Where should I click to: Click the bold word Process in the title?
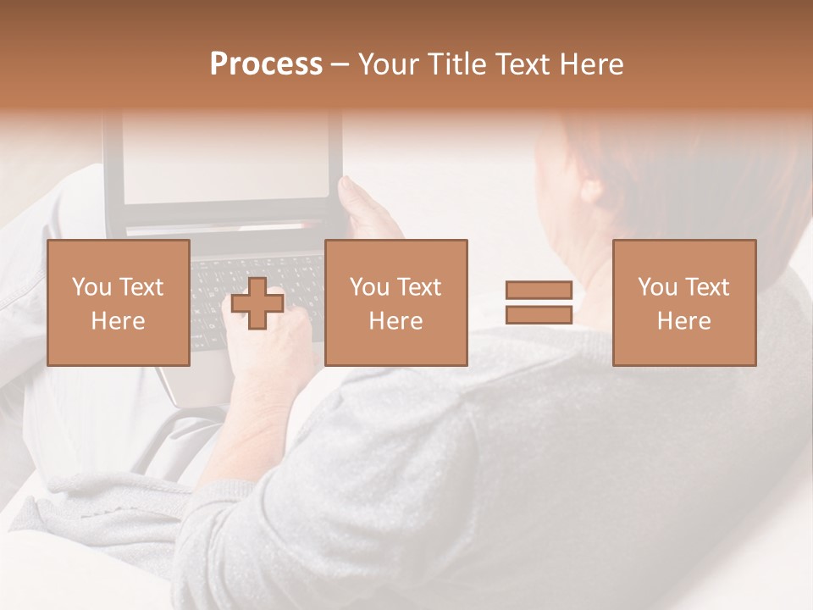click(266, 64)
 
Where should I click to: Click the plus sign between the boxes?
click(257, 302)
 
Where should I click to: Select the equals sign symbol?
click(539, 302)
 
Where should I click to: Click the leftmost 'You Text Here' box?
click(119, 302)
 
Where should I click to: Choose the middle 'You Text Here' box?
click(396, 302)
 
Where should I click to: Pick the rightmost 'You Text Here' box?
click(684, 302)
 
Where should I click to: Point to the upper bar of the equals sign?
click(539, 291)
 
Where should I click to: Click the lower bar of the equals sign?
click(539, 314)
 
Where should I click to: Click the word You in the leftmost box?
click(91, 287)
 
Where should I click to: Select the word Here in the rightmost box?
click(684, 321)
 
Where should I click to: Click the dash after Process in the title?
click(340, 65)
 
